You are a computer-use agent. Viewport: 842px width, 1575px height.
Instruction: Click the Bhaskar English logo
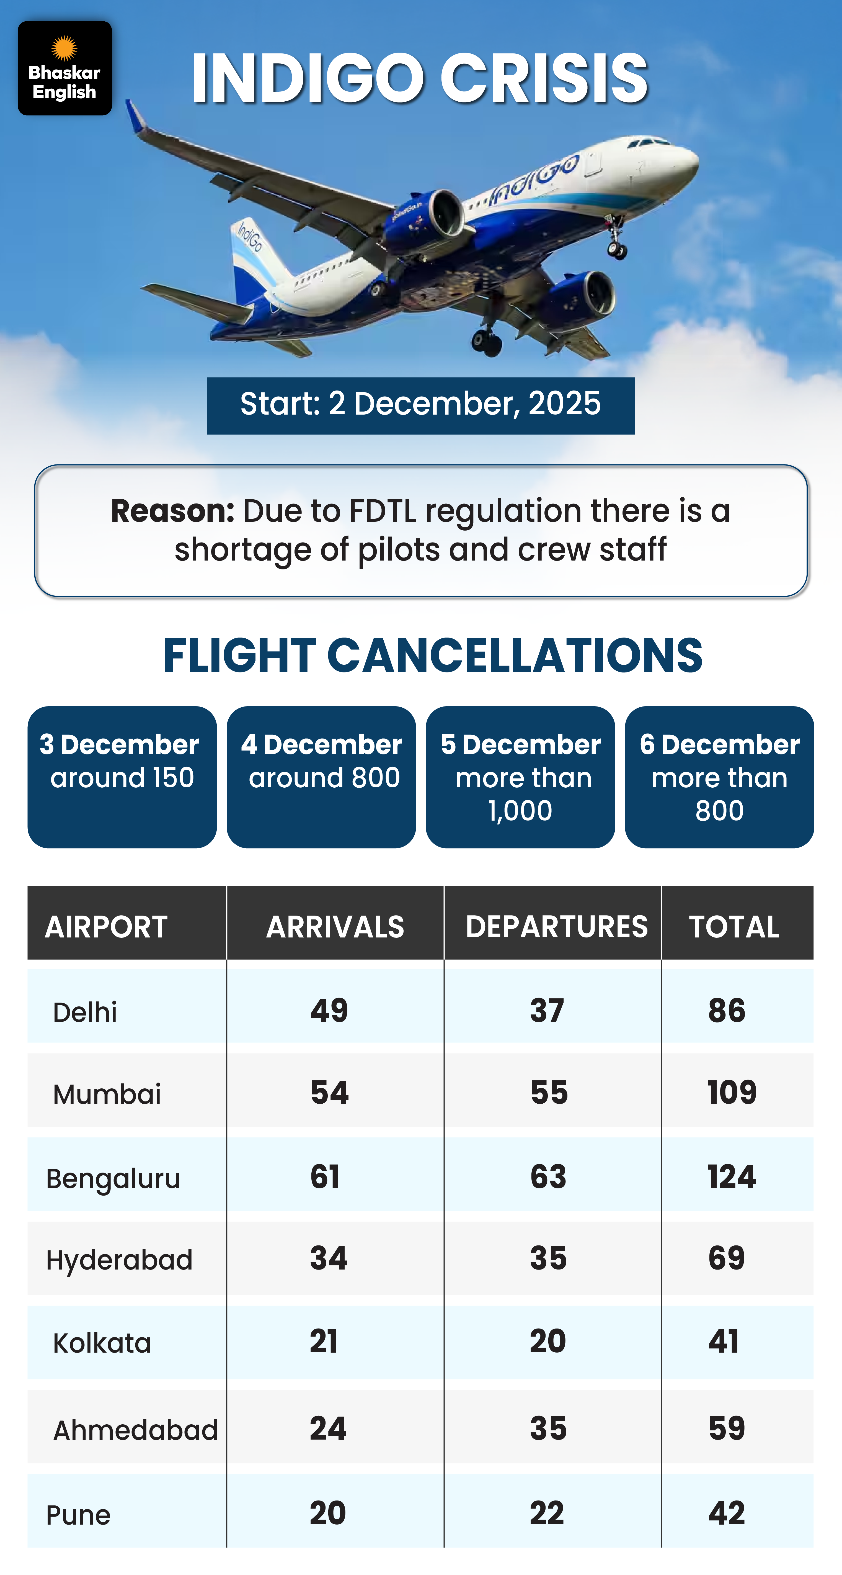tap(65, 68)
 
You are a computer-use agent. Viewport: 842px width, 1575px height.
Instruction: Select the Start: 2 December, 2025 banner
tap(420, 405)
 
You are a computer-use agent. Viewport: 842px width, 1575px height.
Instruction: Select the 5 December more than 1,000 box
tap(520, 777)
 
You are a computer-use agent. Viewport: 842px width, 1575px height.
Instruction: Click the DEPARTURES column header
tap(556, 926)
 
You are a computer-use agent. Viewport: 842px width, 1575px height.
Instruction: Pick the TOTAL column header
tap(734, 926)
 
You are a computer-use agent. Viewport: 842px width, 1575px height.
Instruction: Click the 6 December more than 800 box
tap(719, 777)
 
